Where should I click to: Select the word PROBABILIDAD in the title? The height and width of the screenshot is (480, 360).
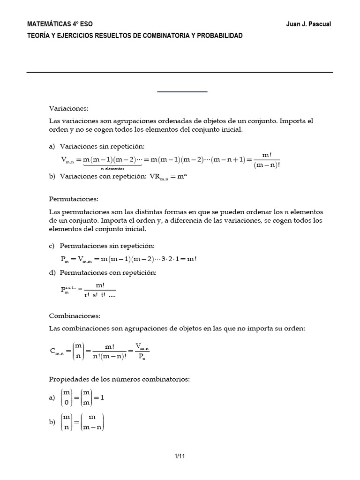(220, 36)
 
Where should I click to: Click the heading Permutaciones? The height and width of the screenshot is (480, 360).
(74, 199)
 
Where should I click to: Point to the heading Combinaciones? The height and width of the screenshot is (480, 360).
(75, 316)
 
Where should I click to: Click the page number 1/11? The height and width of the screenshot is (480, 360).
(180, 455)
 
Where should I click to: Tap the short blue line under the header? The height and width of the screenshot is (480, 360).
(182, 92)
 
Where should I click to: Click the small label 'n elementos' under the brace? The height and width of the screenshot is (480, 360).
(112, 168)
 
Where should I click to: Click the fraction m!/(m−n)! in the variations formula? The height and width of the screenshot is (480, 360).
(266, 160)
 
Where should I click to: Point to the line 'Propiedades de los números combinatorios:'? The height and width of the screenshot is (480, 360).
(120, 378)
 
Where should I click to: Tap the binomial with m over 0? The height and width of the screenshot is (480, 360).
(67, 397)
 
